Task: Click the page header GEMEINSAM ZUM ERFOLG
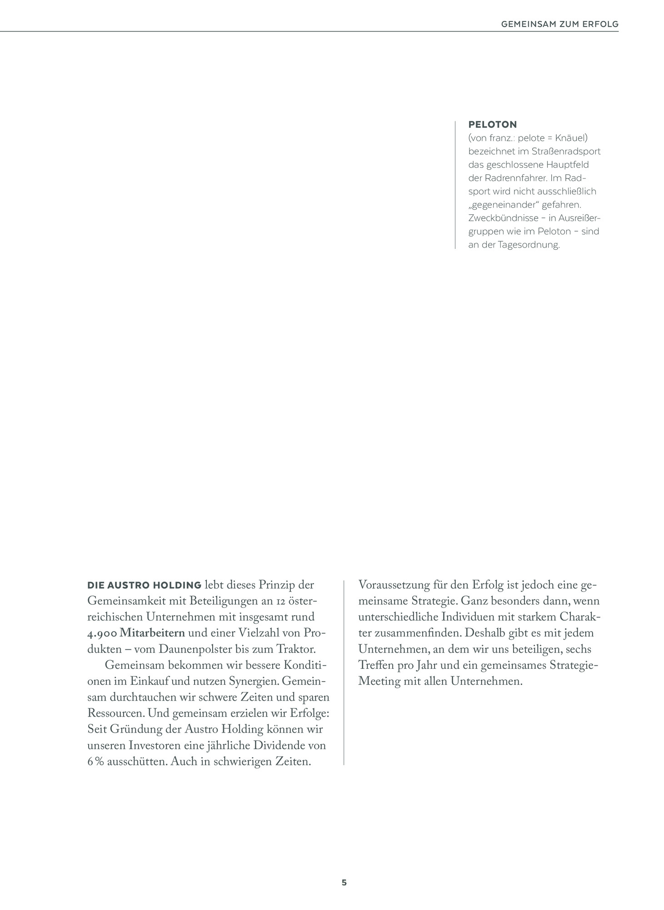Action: [x=559, y=24]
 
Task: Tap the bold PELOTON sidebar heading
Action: [x=492, y=124]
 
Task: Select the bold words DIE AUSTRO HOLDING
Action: [x=144, y=585]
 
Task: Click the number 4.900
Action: [x=102, y=633]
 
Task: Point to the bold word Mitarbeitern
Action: [x=152, y=633]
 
